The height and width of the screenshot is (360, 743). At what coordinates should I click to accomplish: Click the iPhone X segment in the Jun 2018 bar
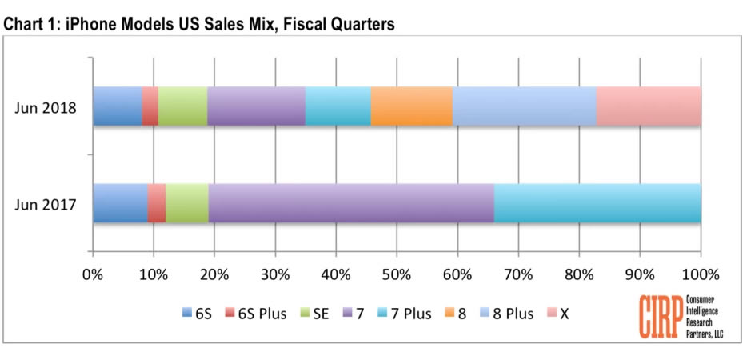pyautogui.click(x=649, y=106)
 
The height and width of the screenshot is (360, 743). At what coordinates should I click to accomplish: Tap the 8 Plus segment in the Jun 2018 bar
pyautogui.click(x=525, y=106)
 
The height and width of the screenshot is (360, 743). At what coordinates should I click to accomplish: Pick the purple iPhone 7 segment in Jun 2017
pyautogui.click(x=351, y=203)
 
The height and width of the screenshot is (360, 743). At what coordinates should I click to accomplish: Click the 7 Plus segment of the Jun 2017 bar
pyautogui.click(x=597, y=203)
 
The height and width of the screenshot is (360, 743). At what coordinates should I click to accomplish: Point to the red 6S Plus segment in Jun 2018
pyautogui.click(x=150, y=106)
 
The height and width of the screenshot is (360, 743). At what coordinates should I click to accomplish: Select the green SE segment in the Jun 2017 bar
pyautogui.click(x=187, y=203)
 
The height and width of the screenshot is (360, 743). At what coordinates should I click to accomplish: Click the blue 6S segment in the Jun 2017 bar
pyautogui.click(x=120, y=203)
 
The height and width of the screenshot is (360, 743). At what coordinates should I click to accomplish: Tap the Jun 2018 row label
pyautogui.click(x=44, y=108)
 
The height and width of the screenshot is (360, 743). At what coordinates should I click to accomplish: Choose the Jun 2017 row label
pyautogui.click(x=44, y=205)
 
